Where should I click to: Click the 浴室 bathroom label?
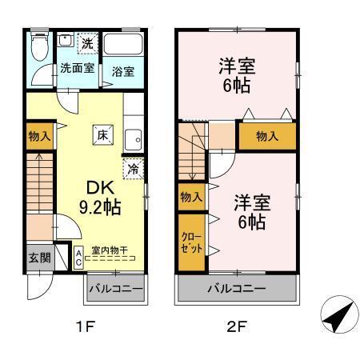coord(123,70)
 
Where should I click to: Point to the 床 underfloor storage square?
coord(103,135)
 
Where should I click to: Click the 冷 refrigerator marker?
coord(134,170)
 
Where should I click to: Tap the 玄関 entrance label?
coord(39,258)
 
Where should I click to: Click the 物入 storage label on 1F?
coord(39,135)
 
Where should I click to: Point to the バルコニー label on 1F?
coord(115,287)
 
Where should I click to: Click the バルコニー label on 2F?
coord(237,287)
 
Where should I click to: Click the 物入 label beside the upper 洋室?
coord(267,136)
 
